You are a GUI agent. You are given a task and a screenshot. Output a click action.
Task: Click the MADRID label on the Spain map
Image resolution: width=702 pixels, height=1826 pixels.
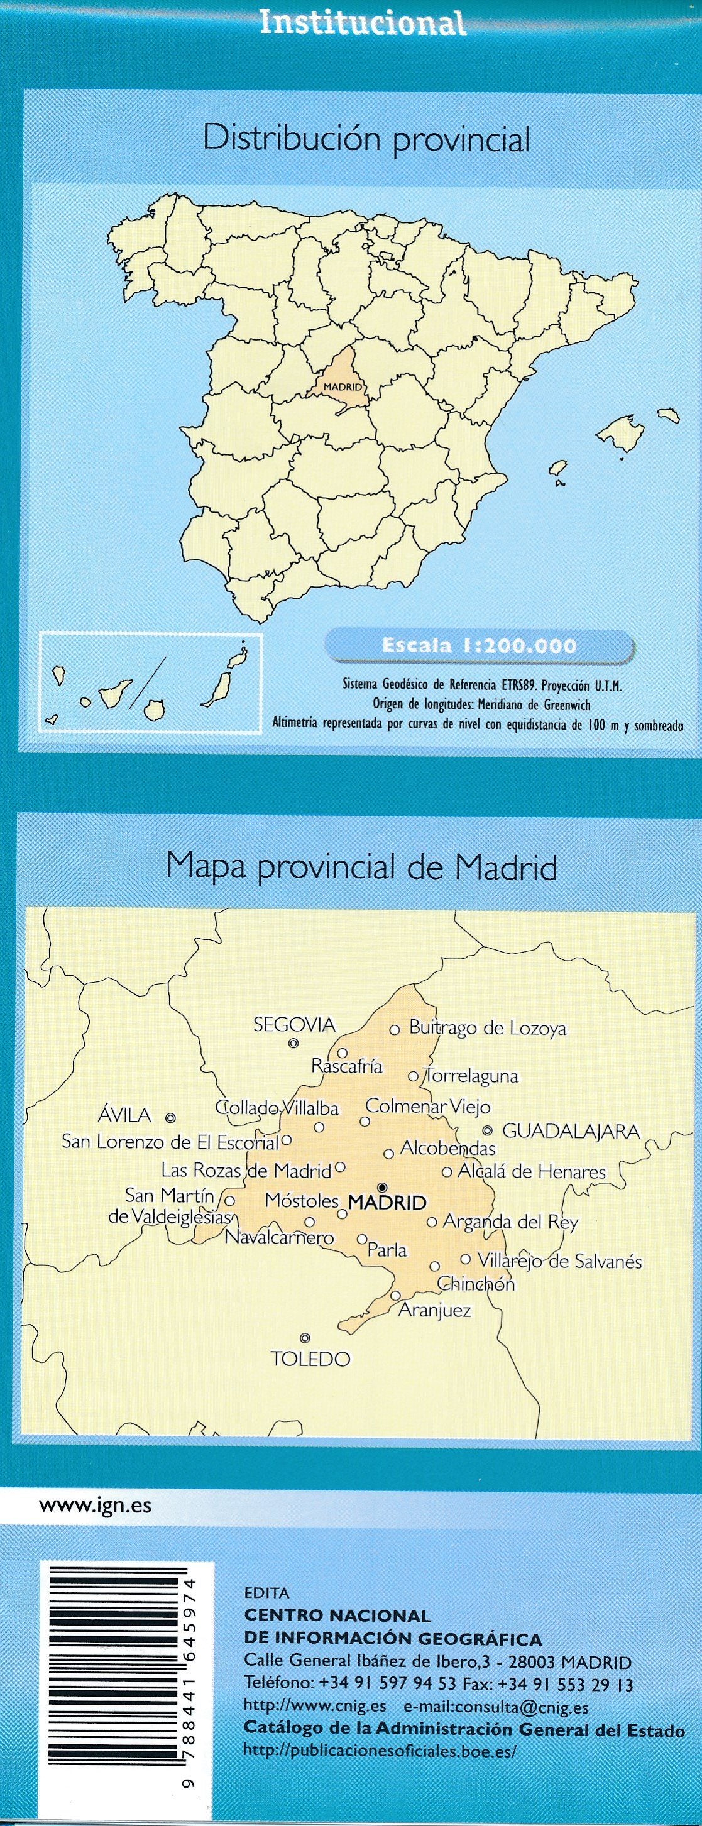tap(343, 387)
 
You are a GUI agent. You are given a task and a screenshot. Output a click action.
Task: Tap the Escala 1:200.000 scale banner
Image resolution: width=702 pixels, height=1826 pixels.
tap(479, 646)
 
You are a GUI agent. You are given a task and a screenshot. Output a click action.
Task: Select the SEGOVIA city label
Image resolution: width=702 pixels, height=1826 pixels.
tap(294, 1024)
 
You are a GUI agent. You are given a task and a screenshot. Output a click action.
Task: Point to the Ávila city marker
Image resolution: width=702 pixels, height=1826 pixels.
tap(170, 1118)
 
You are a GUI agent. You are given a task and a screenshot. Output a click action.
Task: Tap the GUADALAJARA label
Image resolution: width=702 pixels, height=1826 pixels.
tap(571, 1131)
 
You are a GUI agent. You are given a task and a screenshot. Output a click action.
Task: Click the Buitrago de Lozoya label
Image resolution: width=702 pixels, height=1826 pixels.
tap(488, 1029)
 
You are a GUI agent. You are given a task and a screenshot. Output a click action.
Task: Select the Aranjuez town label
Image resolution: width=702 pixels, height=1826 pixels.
tap(435, 1311)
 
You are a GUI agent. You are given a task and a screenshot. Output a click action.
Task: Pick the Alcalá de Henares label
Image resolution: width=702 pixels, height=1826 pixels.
tap(532, 1172)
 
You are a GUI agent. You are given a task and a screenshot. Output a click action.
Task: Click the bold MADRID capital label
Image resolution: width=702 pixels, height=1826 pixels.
tap(387, 1202)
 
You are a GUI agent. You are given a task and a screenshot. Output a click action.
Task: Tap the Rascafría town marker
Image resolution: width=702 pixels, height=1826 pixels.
tap(343, 1052)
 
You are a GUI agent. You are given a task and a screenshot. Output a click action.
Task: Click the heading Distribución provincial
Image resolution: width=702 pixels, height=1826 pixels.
tap(366, 139)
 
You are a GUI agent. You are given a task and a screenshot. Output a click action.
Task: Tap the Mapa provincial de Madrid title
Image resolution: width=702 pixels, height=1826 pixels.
tap(361, 867)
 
